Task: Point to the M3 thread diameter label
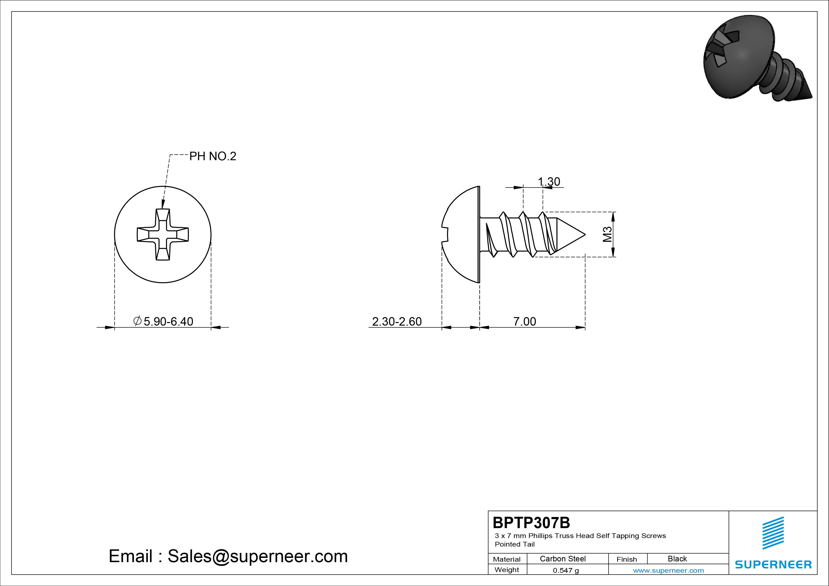(607, 234)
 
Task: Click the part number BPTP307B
(531, 522)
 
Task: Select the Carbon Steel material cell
(562, 559)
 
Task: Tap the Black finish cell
(677, 559)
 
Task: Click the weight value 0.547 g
(566, 570)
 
